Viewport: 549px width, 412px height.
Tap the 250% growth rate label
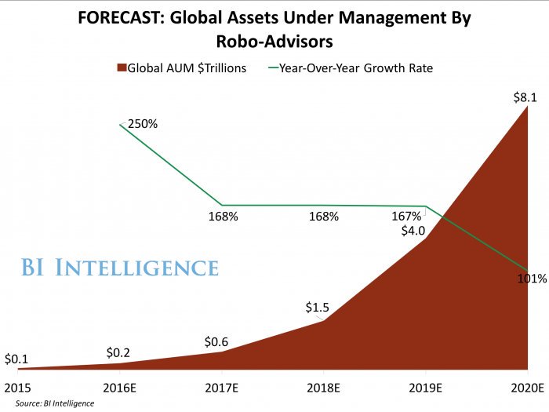point(143,123)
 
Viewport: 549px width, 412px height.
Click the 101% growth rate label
point(532,279)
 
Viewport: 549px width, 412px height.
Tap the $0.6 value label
point(218,341)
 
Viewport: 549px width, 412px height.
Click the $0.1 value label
point(16,359)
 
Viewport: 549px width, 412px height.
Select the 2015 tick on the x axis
point(16,387)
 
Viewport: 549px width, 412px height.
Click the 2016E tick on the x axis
point(120,387)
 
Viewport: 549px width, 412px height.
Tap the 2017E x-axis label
point(222,387)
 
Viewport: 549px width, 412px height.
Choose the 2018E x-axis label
point(324,387)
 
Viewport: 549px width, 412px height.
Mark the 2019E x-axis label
point(425,387)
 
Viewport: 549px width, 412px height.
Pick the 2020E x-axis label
point(526,387)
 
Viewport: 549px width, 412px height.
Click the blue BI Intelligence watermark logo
point(119,268)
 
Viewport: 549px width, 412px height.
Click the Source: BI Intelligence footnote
point(53,403)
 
